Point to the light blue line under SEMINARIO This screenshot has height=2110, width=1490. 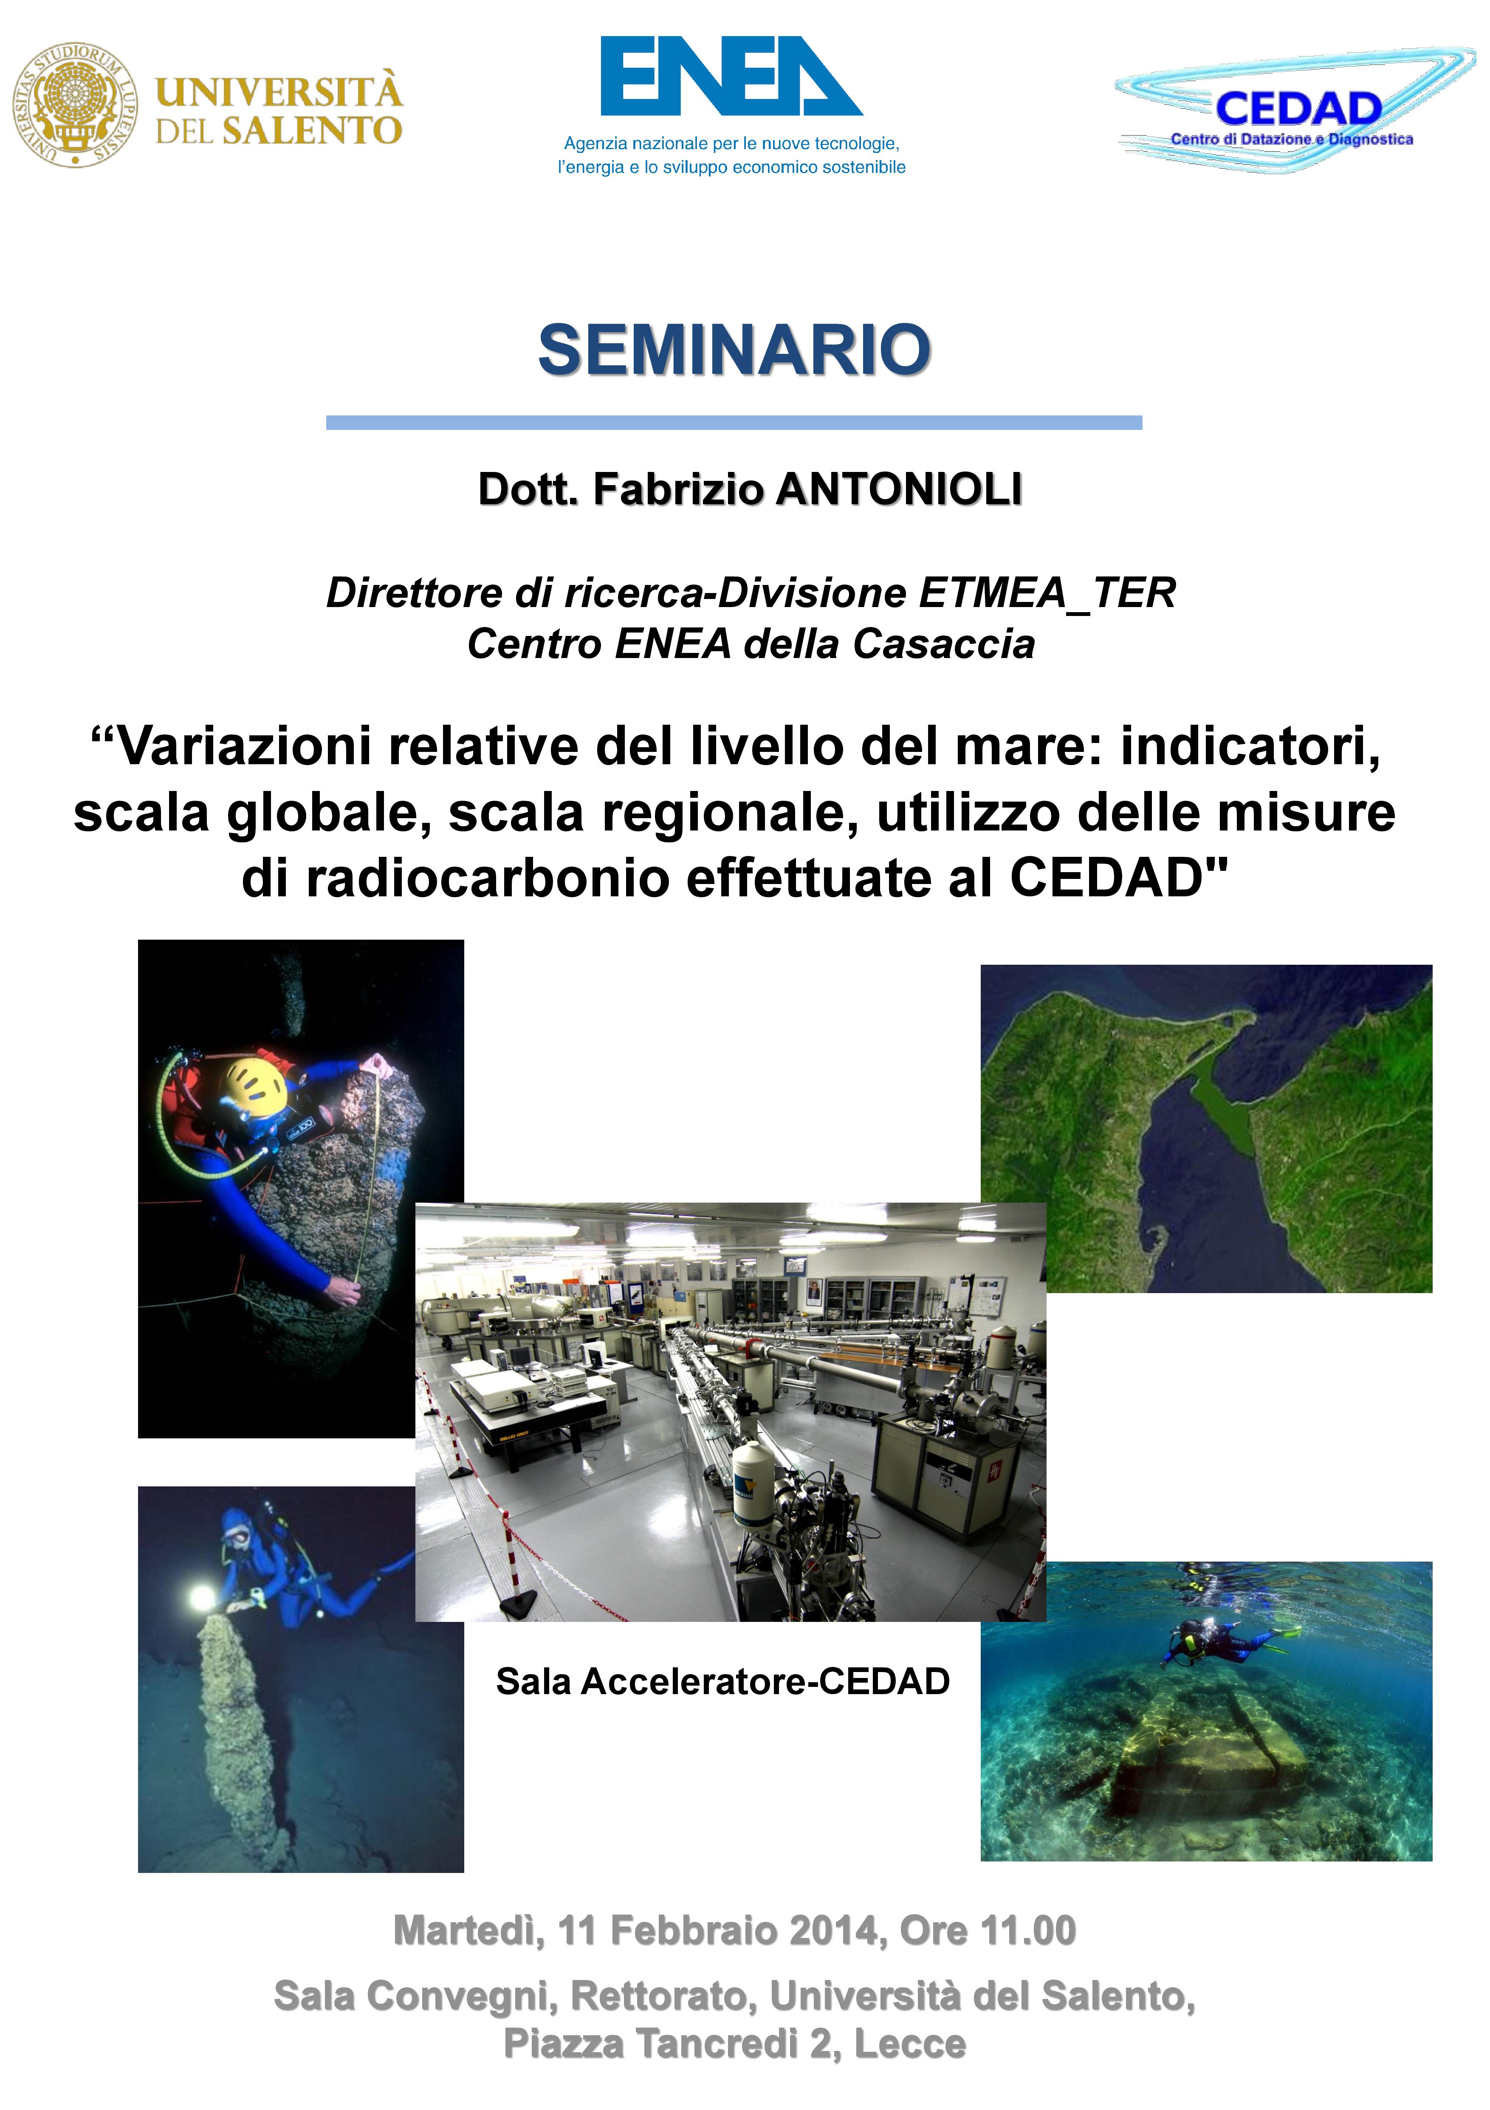point(734,423)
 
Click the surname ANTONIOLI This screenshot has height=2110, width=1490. point(899,489)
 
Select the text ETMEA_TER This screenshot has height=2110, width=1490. point(1047,593)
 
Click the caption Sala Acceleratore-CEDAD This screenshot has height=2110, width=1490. point(723,1681)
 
